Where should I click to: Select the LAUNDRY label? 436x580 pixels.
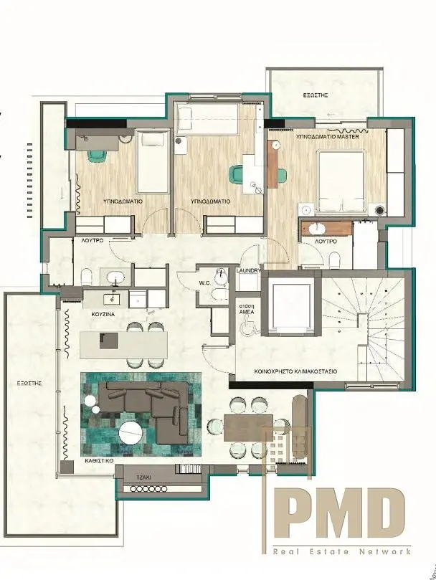pyautogui.click(x=247, y=270)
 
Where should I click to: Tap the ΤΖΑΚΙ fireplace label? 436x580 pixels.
pyautogui.click(x=143, y=476)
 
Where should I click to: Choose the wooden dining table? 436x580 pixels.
pyautogui.click(x=247, y=427)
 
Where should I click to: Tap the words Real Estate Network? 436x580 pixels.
pyautogui.click(x=341, y=551)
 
